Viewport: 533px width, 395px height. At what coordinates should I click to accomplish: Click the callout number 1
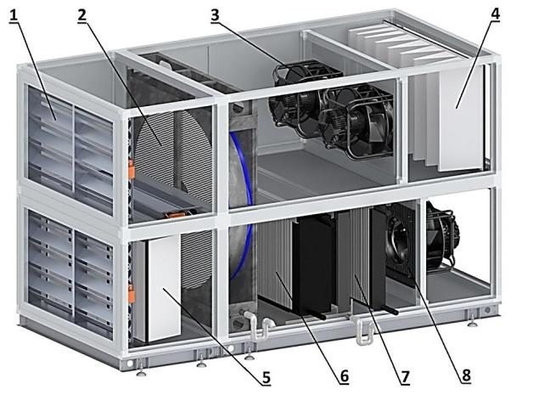[x=14, y=15]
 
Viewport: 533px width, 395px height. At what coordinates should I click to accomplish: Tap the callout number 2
[x=82, y=15]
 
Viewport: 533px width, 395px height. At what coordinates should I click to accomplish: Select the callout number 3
[x=216, y=15]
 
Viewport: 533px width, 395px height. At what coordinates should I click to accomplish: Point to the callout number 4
[x=495, y=14]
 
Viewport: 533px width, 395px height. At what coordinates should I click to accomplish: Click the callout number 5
[x=266, y=377]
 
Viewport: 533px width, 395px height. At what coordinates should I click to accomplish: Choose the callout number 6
[x=344, y=376]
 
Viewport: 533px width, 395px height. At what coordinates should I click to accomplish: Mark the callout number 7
[x=405, y=377]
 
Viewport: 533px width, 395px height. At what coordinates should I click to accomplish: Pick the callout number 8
[x=466, y=375]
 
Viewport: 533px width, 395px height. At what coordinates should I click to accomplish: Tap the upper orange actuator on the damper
[x=132, y=169]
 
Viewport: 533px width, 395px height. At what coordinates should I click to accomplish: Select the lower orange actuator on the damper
[x=132, y=294]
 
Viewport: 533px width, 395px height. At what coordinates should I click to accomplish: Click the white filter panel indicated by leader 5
[x=164, y=288]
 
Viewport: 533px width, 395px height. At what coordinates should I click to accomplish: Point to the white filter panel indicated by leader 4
[x=461, y=117]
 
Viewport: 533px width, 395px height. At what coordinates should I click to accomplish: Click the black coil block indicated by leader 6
[x=312, y=265]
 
